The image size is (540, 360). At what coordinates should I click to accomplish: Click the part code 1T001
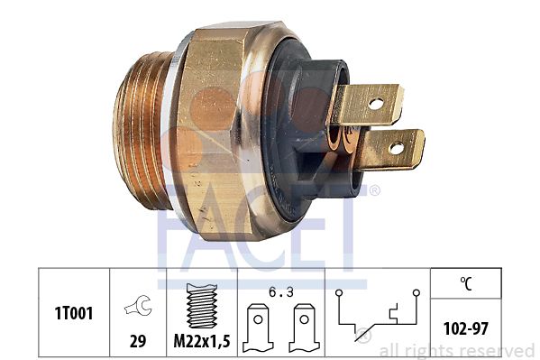click(74, 313)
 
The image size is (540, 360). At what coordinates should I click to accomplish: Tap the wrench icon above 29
click(138, 305)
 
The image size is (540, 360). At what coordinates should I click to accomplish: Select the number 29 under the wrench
click(138, 341)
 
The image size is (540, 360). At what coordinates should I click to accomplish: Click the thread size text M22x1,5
click(202, 341)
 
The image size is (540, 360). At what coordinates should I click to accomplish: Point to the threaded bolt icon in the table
click(202, 306)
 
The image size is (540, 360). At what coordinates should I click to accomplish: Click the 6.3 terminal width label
click(281, 292)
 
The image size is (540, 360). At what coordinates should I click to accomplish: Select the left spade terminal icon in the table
click(258, 328)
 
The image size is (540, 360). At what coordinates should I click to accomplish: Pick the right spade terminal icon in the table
click(304, 328)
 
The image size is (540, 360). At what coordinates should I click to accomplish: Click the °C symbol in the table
click(466, 284)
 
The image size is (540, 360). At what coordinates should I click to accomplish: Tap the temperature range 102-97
click(465, 328)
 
